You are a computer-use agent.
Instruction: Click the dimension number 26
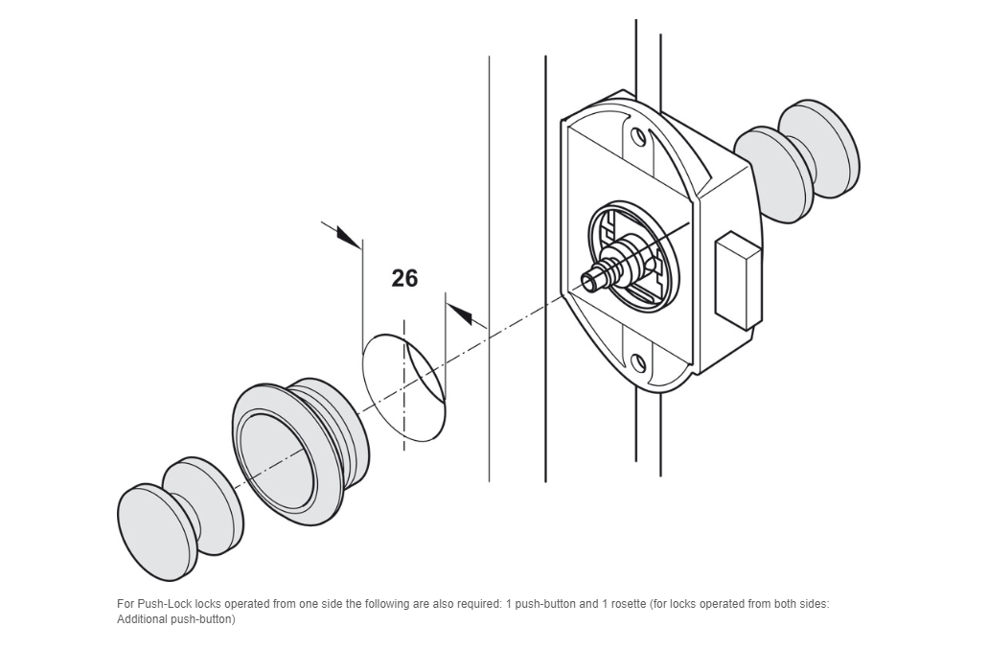[x=404, y=278]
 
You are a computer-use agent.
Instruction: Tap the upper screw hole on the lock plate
[x=638, y=137]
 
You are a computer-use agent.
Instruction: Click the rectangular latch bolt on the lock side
[x=737, y=281]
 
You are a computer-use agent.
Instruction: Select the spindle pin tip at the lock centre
[x=589, y=282]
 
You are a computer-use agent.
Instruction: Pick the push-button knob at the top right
[x=797, y=161]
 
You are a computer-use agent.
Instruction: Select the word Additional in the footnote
[x=141, y=619]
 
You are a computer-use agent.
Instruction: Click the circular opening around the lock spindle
[x=634, y=255]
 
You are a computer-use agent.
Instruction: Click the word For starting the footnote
[x=126, y=604]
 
